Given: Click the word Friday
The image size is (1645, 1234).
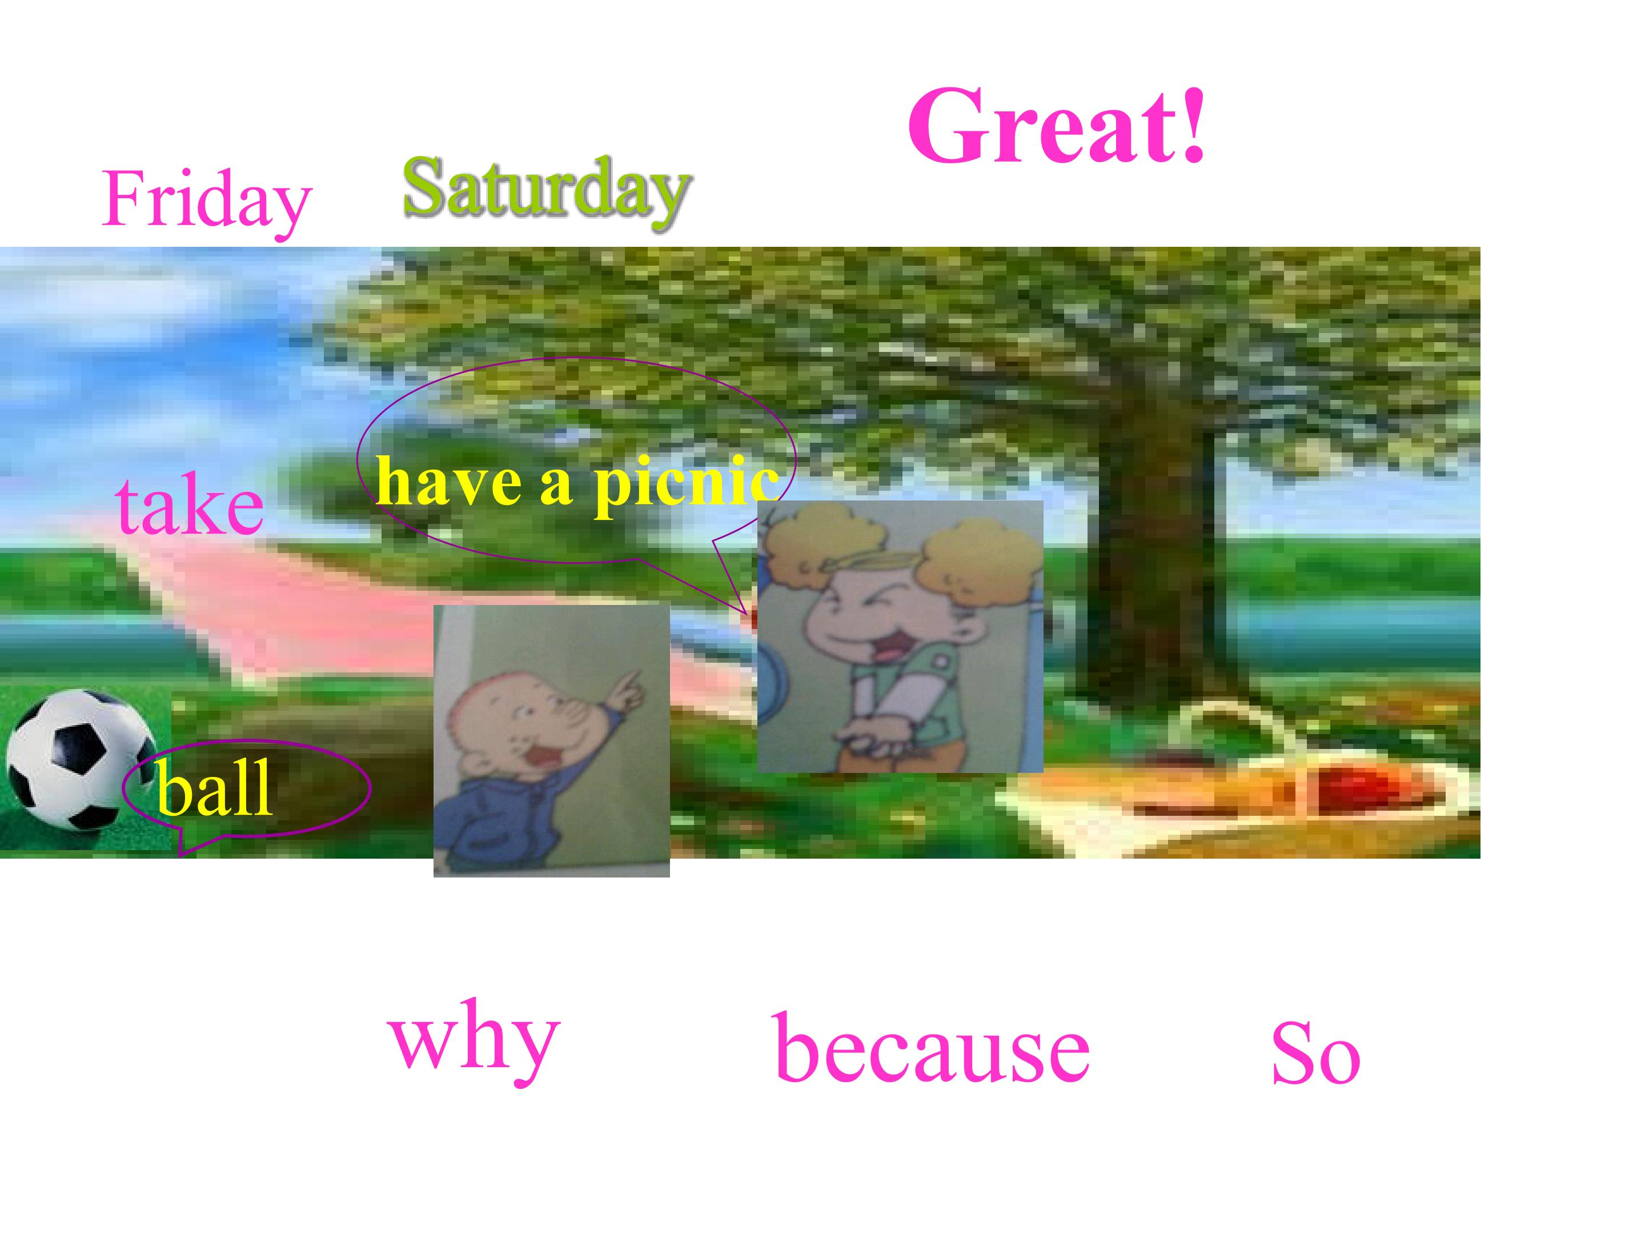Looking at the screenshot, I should (206, 199).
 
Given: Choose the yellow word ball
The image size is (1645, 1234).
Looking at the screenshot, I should (215, 789).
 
